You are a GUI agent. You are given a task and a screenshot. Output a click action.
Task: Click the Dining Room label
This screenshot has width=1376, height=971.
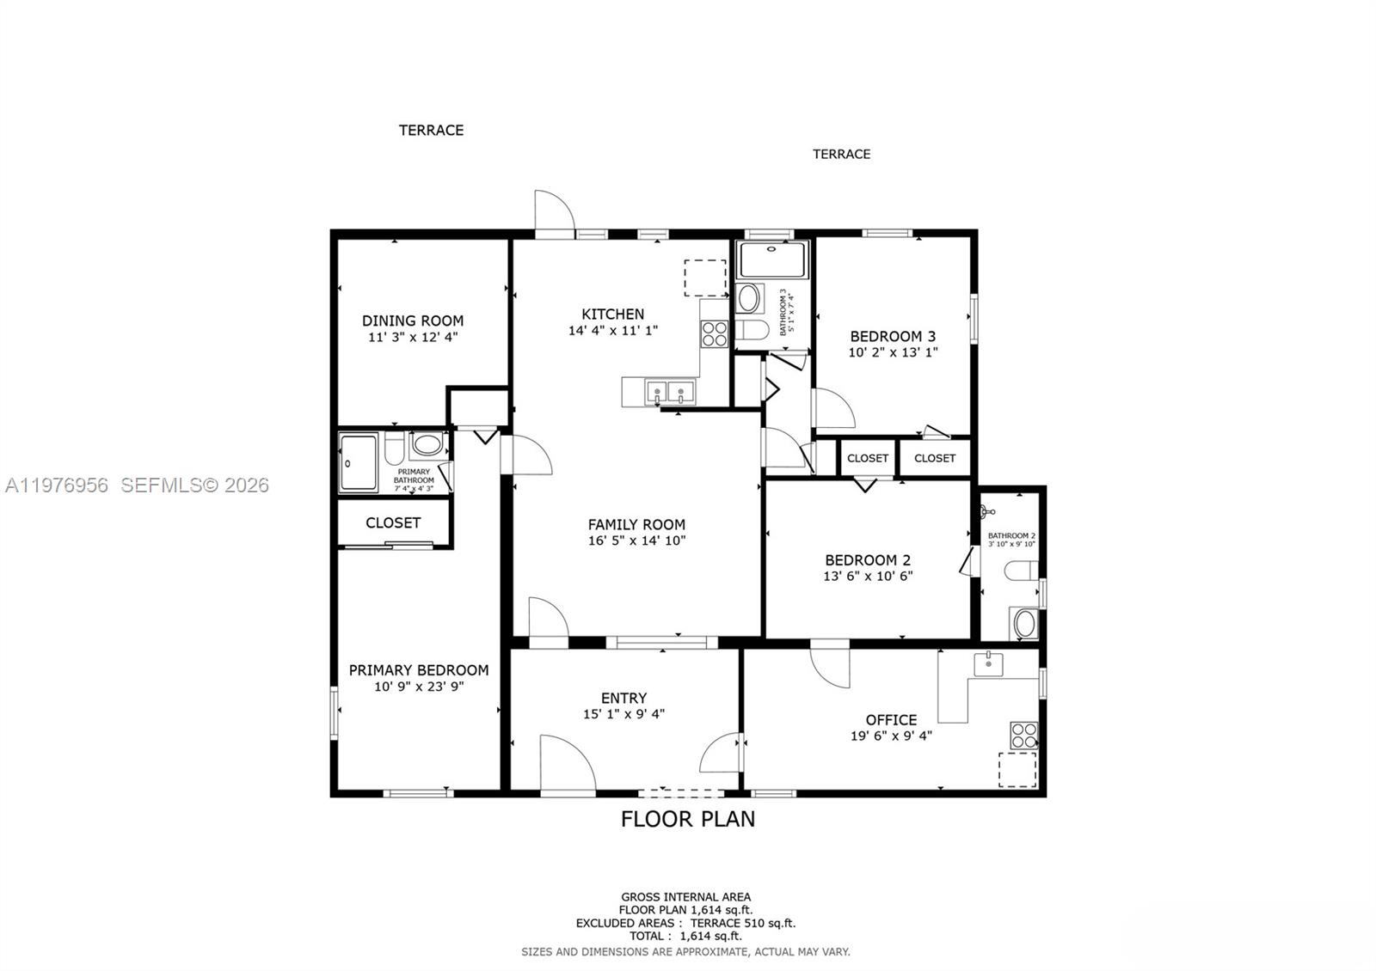click(412, 321)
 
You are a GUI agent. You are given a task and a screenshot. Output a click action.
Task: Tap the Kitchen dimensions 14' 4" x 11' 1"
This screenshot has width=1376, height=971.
click(612, 330)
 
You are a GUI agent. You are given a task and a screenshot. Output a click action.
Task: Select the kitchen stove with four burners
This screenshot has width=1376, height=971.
click(714, 333)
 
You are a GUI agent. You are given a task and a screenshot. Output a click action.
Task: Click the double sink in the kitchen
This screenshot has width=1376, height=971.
click(669, 394)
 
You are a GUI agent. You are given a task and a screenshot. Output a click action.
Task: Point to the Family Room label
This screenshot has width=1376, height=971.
click(636, 524)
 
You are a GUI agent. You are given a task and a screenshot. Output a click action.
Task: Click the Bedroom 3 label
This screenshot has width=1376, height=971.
click(893, 336)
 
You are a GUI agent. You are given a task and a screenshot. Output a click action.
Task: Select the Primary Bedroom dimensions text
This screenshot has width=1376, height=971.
click(419, 687)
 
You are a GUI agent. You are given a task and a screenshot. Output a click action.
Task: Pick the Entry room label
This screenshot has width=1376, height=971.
click(623, 698)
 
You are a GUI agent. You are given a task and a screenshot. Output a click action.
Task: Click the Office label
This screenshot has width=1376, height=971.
click(891, 719)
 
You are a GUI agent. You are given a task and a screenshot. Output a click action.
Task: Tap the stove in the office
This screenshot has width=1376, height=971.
click(1023, 736)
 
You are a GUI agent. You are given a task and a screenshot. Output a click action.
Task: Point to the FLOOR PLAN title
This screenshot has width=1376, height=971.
click(688, 819)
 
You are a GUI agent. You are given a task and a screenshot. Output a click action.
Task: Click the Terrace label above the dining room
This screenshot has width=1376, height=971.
click(431, 130)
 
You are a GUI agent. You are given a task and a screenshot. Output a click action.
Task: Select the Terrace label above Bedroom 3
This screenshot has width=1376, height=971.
click(841, 154)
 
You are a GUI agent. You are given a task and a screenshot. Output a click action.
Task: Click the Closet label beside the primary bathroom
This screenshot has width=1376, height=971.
click(393, 522)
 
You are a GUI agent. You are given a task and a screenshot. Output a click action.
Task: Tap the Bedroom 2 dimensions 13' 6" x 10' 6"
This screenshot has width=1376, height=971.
click(868, 576)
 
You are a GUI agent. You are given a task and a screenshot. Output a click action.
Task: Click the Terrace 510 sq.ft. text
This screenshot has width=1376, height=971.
click(743, 923)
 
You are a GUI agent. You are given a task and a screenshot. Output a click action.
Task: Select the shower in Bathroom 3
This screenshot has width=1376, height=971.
click(773, 260)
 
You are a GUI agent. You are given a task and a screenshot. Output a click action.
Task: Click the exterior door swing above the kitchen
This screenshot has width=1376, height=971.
click(553, 211)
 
